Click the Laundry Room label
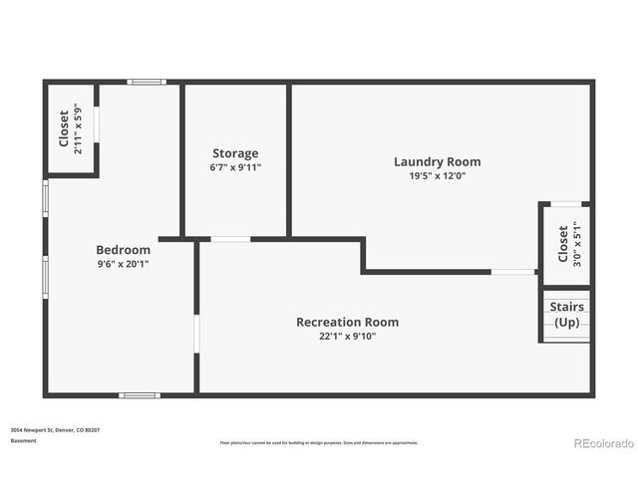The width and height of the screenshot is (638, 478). (x=437, y=161)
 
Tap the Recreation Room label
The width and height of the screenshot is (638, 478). (x=347, y=322)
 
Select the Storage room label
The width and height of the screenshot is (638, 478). (x=235, y=153)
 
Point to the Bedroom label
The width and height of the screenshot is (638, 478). (x=123, y=250)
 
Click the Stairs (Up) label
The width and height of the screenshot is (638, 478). (x=566, y=315)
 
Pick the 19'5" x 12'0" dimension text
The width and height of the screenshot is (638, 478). (x=437, y=176)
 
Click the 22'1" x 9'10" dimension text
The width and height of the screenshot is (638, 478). (x=347, y=337)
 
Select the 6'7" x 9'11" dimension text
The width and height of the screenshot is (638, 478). (x=235, y=167)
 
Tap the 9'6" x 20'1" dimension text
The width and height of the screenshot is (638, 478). (x=123, y=264)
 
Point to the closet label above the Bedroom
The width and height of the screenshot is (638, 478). (x=64, y=128)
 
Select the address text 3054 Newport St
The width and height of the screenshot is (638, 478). (x=55, y=430)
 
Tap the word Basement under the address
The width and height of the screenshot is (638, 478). (x=24, y=440)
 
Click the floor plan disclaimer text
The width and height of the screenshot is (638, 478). (x=319, y=442)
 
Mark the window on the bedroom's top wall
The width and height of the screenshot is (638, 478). (x=146, y=82)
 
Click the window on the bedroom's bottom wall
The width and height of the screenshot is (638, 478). (x=139, y=395)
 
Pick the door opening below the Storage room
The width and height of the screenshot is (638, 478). (x=230, y=239)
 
